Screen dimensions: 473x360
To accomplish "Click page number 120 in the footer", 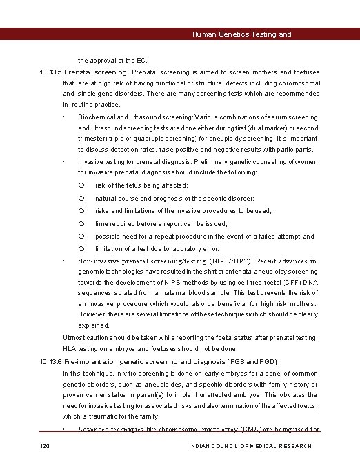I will tap(46, 446).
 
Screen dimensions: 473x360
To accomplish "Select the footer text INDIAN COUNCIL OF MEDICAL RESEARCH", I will tap(250, 446).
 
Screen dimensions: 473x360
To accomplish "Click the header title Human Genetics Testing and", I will tap(241, 34).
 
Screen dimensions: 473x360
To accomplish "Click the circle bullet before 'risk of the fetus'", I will tap(81, 185).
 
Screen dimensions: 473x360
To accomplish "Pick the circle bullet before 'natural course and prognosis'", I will tap(81, 198).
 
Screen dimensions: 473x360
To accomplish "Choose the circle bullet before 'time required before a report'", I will tap(81, 223).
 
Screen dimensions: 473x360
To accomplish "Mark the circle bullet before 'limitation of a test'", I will tap(81, 248).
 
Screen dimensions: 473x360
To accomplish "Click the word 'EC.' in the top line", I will tap(141, 61).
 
